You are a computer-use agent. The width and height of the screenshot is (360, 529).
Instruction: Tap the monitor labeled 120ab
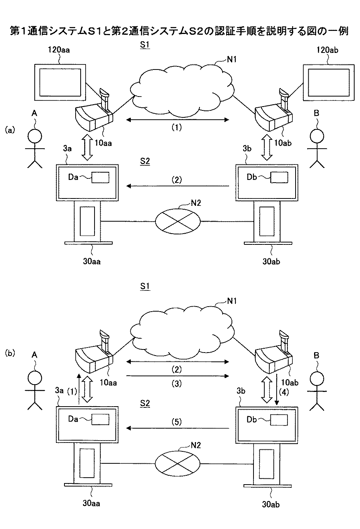(x=328, y=82)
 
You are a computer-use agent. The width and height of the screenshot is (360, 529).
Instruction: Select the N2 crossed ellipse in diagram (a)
(x=178, y=222)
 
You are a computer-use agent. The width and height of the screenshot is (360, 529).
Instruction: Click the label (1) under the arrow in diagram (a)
(x=176, y=128)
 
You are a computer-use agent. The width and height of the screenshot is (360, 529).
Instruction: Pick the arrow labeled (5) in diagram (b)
(x=177, y=428)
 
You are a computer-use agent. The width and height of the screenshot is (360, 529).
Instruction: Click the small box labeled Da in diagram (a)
(x=100, y=177)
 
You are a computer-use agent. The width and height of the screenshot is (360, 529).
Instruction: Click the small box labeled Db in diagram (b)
(x=279, y=420)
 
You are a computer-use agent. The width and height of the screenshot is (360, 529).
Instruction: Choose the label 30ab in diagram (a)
(x=271, y=261)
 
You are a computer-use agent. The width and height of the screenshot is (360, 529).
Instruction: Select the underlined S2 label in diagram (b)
(x=145, y=404)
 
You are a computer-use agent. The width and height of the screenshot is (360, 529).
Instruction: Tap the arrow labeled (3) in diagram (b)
(x=177, y=375)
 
